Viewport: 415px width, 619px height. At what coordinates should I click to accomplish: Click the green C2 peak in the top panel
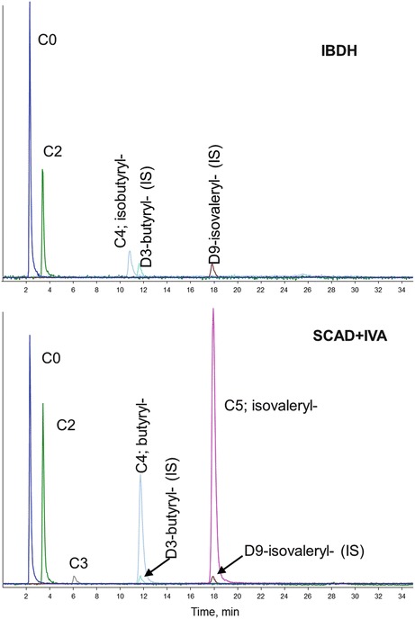43,173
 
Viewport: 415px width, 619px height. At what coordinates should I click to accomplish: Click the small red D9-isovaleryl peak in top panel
212,267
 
